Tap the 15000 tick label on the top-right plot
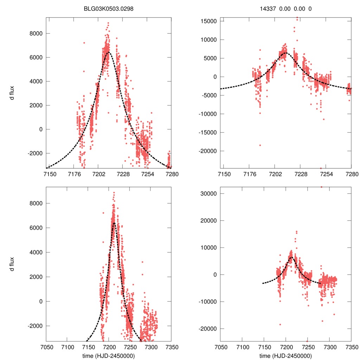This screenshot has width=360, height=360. tap(208, 21)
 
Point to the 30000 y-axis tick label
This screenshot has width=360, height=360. tap(208, 194)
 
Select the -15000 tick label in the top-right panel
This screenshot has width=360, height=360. tap(207, 133)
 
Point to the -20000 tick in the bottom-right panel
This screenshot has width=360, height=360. tap(207, 329)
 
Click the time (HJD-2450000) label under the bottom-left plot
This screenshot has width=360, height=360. tap(109, 356)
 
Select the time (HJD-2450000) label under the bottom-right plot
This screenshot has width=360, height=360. tap(286, 356)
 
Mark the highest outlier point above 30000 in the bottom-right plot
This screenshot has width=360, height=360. tap(321, 187)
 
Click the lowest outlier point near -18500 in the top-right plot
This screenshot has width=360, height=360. tap(260, 145)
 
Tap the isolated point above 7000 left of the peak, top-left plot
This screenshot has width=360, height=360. tap(84, 43)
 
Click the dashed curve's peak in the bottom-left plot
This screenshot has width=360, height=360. tap(114, 223)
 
